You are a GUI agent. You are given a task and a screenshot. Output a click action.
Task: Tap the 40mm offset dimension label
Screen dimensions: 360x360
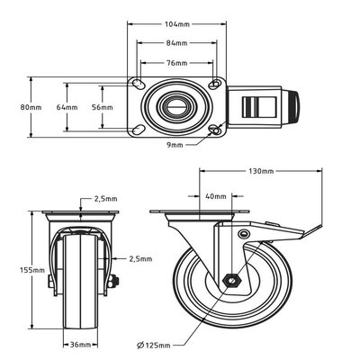[x=216, y=195]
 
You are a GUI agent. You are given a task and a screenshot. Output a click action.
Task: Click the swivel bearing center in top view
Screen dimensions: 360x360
[x=175, y=107]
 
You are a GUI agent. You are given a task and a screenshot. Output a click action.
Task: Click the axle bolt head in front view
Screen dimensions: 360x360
[x=112, y=283]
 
